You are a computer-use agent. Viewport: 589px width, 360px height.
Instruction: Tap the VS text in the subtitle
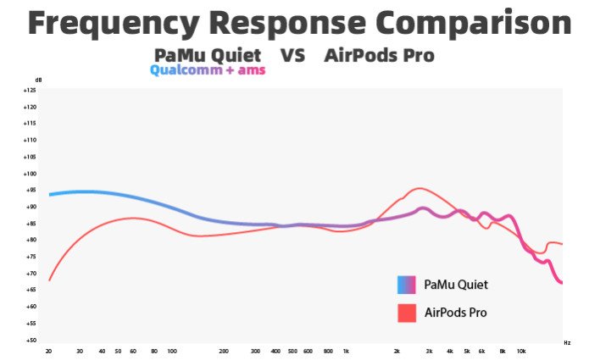292,56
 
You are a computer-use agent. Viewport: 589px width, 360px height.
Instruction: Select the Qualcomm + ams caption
208,70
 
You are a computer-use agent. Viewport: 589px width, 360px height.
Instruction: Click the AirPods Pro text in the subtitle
380,56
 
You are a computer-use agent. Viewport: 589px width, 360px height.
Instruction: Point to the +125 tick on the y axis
30,90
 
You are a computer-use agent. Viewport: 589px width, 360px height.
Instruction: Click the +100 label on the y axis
30,173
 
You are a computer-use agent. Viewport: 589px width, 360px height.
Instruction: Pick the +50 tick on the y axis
30,340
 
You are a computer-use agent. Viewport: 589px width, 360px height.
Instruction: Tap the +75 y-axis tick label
30,257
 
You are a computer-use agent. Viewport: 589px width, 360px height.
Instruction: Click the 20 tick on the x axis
48,350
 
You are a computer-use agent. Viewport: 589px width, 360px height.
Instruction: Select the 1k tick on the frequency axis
346,350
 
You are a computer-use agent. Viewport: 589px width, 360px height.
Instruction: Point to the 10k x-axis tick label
521,350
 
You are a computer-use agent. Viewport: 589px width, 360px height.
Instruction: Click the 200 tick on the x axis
224,350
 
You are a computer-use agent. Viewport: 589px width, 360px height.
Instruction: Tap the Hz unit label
567,342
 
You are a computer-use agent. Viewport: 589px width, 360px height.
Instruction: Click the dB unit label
39,80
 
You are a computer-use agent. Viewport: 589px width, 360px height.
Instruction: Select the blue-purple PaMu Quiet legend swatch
406,285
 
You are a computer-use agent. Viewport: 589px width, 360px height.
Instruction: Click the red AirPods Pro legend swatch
406,313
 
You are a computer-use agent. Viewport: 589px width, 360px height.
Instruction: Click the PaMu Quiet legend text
456,285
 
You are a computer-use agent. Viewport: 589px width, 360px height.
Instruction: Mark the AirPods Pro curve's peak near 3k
419,188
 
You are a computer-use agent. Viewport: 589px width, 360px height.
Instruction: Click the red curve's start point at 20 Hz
49,280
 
